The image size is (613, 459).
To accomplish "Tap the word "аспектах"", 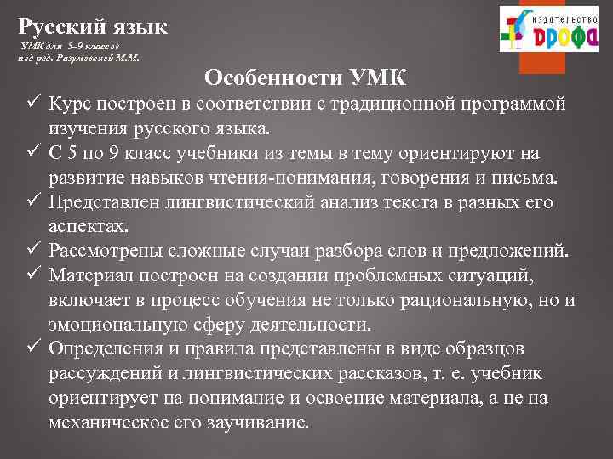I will click(x=88, y=227).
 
